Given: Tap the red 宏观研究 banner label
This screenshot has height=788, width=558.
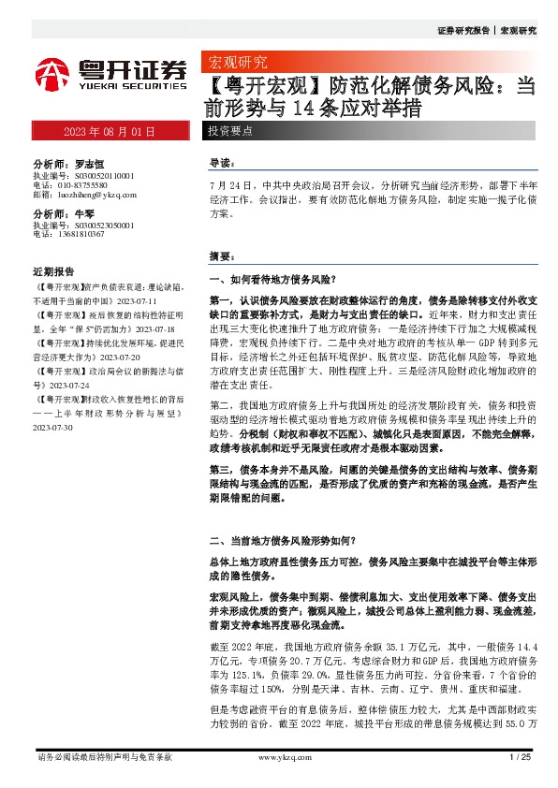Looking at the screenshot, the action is point(235,64).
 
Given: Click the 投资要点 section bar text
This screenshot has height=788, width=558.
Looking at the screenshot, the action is point(230,131).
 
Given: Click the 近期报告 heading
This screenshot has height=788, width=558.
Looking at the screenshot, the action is point(53,271).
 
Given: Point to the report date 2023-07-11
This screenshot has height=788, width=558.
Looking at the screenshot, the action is point(139,302).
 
